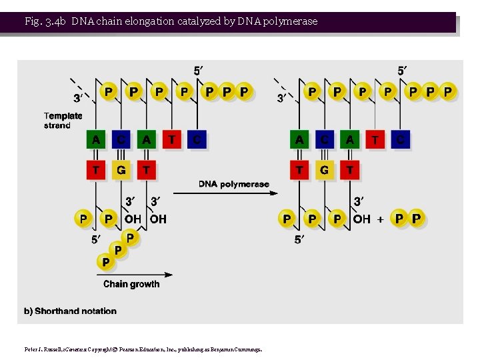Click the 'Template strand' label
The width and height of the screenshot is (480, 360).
click(63, 121)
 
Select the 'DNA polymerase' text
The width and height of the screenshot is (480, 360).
click(234, 184)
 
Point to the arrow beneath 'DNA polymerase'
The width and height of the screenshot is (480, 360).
click(237, 193)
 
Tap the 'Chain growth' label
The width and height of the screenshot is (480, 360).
click(131, 284)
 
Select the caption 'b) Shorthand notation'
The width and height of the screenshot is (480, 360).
click(71, 311)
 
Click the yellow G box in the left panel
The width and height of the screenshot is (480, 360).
click(121, 170)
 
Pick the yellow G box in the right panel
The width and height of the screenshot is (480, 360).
click(324, 170)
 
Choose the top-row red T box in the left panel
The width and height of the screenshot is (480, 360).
click(171, 139)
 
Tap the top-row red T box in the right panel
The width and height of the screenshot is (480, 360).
click(375, 139)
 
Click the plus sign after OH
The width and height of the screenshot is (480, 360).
click(381, 219)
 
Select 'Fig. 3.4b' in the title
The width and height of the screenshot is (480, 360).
click(45, 21)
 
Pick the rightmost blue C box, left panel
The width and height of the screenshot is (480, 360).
click(197, 139)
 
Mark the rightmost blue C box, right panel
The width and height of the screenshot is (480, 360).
click(400, 139)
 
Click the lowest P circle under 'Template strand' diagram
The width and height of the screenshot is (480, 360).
click(105, 263)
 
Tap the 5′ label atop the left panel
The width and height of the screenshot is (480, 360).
click(199, 71)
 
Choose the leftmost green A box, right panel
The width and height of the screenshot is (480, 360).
click(299, 139)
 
